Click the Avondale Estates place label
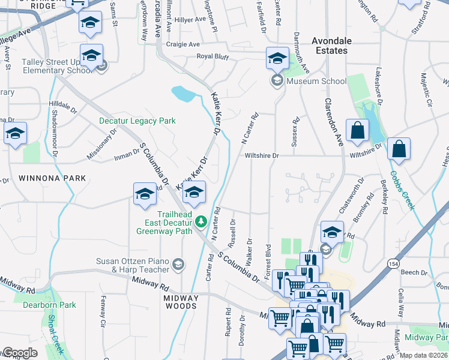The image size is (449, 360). (330, 46)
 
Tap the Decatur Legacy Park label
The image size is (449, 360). (137, 121)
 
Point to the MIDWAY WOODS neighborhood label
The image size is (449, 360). (181, 302)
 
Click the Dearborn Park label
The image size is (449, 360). (49, 305)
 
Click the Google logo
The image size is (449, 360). (20, 353)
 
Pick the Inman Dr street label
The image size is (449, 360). (127, 158)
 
